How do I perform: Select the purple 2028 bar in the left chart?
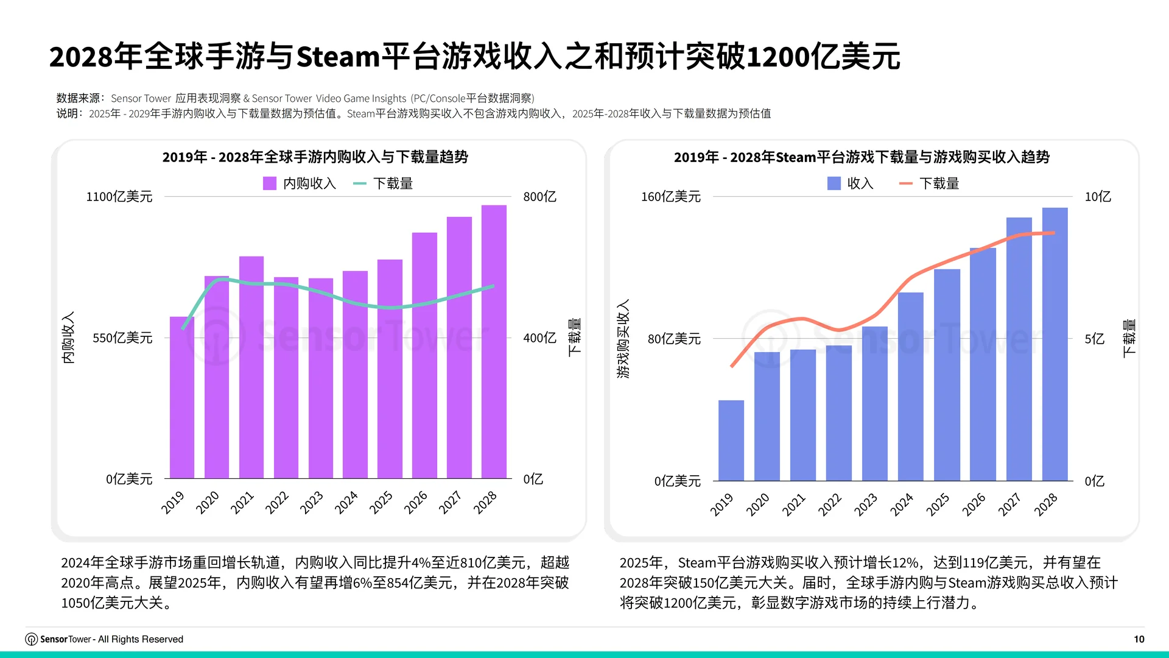tap(494, 341)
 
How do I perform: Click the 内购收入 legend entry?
tap(300, 183)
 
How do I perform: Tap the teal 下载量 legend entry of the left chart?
tap(383, 183)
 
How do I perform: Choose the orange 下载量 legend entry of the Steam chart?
tap(929, 183)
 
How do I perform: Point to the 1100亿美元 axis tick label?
tap(119, 197)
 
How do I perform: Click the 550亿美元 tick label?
tap(122, 338)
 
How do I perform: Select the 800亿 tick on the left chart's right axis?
tap(539, 197)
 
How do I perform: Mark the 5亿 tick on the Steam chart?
tap(1094, 339)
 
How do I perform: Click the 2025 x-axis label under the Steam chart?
tap(938, 504)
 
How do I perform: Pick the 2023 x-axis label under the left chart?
tap(311, 503)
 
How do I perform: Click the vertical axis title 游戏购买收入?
tap(623, 339)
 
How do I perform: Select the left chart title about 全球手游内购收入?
tap(315, 157)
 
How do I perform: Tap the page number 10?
tap(1139, 639)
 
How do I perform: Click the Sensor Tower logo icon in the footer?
tap(31, 639)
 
